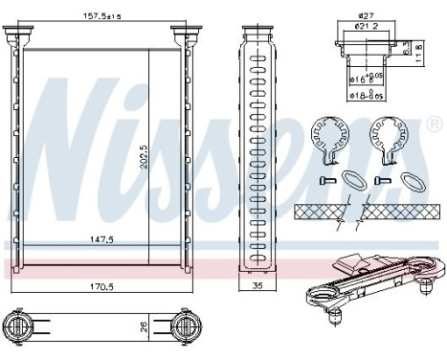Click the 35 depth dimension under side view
(256, 284)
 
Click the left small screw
(324, 180)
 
